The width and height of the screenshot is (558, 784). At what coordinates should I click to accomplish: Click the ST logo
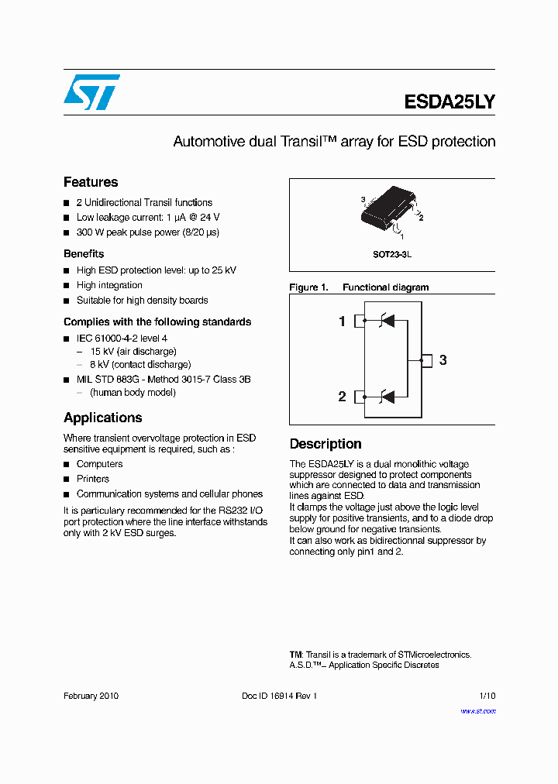click(x=91, y=92)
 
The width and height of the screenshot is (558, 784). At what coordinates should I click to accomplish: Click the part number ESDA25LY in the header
click(x=449, y=102)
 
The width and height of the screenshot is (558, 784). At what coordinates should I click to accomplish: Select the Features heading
click(x=91, y=182)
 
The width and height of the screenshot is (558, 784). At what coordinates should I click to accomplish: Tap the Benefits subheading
click(x=84, y=254)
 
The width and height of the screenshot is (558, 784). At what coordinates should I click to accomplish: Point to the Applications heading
click(x=102, y=418)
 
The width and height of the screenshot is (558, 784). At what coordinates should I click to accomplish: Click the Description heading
click(x=325, y=444)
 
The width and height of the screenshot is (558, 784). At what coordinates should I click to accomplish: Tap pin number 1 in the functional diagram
click(x=343, y=322)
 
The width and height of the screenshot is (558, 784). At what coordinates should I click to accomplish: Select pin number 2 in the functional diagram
click(x=343, y=397)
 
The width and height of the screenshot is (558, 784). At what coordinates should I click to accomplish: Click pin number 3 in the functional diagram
click(x=443, y=359)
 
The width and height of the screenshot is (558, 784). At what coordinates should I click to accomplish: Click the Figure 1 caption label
click(x=308, y=287)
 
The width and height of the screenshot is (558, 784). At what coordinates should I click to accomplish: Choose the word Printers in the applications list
click(x=93, y=479)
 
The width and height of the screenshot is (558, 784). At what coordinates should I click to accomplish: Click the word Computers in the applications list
click(x=99, y=464)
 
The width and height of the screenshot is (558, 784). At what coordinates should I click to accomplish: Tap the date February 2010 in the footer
click(x=91, y=696)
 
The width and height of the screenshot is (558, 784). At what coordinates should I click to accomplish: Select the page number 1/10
click(x=487, y=696)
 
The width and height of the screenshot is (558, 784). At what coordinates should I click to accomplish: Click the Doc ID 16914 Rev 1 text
click(x=280, y=696)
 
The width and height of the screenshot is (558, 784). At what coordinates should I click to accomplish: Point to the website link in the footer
click(x=478, y=710)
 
